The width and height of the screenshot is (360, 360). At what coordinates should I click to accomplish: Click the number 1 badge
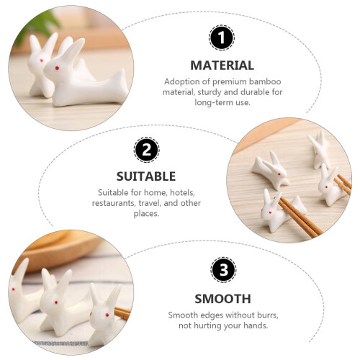click(222, 38)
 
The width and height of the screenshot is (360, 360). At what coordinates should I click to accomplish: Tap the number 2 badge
click(147, 150)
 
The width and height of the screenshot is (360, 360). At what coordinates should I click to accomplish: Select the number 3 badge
click(223, 270)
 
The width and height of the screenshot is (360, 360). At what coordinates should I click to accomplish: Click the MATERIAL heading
click(222, 66)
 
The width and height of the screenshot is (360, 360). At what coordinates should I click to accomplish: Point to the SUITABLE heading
click(146, 176)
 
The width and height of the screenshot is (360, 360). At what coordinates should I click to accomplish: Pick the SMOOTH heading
click(223, 299)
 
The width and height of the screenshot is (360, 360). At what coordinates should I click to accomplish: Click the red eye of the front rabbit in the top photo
click(57, 68)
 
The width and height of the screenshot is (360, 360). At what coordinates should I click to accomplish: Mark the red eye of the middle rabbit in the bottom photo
click(56, 302)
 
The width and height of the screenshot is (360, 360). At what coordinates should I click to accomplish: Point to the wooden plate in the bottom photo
click(56, 251)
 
